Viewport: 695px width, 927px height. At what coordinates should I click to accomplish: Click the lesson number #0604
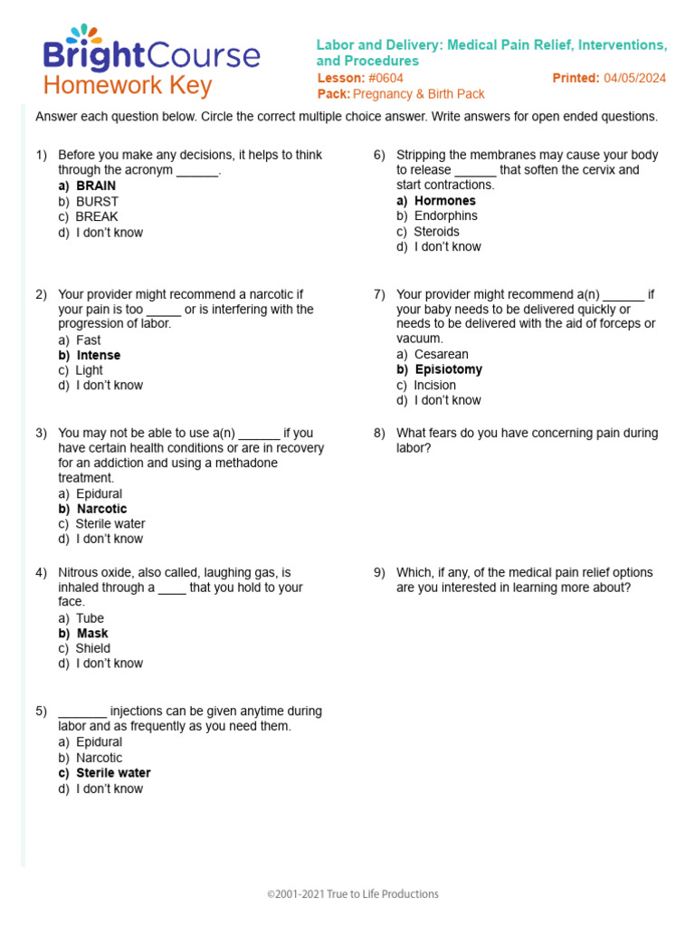point(386,78)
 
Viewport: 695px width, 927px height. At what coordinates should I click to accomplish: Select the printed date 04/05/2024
point(634,78)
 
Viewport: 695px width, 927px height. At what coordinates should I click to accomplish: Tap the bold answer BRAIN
point(96,186)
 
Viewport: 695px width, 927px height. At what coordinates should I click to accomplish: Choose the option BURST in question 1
point(97,201)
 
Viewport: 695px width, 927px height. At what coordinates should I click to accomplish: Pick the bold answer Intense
point(98,355)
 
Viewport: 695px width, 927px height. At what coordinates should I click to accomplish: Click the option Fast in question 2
point(89,339)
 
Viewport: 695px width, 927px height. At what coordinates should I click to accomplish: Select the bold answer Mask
point(91,633)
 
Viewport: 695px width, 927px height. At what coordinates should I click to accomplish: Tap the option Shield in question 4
point(93,648)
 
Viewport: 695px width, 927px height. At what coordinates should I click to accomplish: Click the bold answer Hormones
point(444,200)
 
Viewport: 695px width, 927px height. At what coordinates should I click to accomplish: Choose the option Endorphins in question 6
point(445,215)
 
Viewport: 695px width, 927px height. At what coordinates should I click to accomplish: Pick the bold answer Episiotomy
point(448,369)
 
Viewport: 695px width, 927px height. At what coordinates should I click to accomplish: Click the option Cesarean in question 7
point(442,354)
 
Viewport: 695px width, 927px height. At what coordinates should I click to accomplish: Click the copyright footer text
point(353,894)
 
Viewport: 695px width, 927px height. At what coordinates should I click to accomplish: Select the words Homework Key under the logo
point(128,86)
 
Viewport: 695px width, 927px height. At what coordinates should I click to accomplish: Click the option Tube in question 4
point(90,618)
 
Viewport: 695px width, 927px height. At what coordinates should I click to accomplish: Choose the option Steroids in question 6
point(436,231)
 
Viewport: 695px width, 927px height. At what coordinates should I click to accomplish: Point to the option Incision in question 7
point(435,385)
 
